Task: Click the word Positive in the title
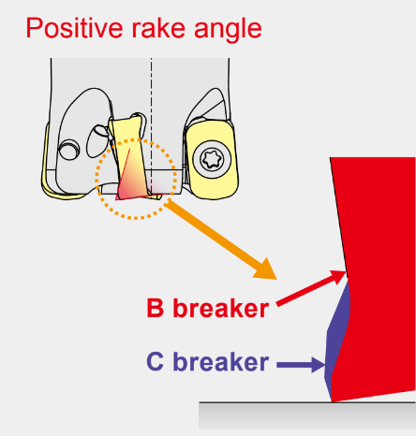(x=74, y=29)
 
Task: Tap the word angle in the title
(x=228, y=31)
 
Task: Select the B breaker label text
(x=208, y=308)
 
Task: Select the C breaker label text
(x=208, y=362)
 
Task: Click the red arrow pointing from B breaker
(x=311, y=288)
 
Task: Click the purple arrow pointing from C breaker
(x=301, y=365)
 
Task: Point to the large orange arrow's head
(x=266, y=269)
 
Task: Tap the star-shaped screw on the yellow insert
(x=212, y=160)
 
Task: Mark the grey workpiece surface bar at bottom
(x=307, y=415)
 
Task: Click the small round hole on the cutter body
(x=69, y=150)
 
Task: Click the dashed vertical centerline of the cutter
(x=152, y=124)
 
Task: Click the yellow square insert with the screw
(x=212, y=160)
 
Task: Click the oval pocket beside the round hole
(x=97, y=141)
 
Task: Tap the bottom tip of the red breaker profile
(x=332, y=401)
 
